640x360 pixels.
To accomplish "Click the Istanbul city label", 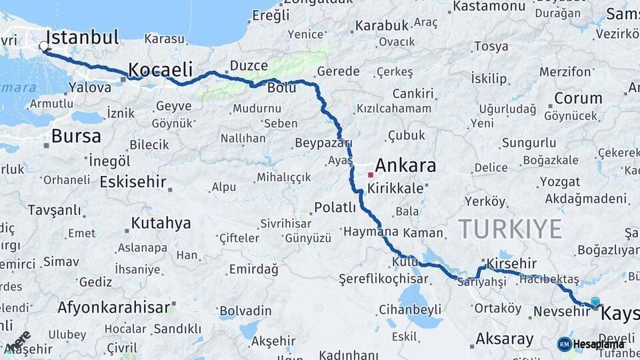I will coord(83,37).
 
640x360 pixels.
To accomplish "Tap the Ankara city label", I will coord(405,166).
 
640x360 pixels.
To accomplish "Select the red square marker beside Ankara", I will coord(370,175).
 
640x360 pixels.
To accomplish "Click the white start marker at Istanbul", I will coord(44,47).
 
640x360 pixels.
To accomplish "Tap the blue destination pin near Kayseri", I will coord(595,302).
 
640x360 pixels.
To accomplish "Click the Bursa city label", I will coord(76,137).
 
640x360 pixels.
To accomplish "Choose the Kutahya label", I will coord(161,223).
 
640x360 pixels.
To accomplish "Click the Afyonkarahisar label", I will coord(113,308).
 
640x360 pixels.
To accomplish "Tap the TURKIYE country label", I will coord(510,229).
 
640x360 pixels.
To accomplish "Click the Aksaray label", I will coord(504,339).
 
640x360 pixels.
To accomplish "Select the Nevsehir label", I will coord(562,311).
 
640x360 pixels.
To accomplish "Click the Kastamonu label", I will coord(489,7).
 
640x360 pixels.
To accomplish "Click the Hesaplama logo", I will coord(591,344).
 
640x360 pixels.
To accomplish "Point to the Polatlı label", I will coord(335,207).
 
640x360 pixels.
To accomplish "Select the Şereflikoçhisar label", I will coord(383,278).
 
